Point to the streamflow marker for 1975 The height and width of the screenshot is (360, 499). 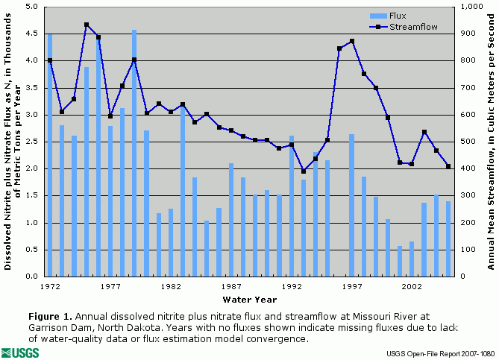(87, 25)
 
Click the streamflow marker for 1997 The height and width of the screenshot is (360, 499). (351, 41)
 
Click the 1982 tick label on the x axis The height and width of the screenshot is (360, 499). (171, 285)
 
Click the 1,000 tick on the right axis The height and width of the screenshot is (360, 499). (470, 7)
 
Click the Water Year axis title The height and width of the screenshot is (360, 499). (250, 300)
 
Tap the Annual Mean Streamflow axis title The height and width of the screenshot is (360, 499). (490, 142)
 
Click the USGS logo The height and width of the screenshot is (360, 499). (21, 352)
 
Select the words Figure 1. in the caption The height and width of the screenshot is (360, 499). (52, 315)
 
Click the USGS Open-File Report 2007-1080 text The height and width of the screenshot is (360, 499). (440, 353)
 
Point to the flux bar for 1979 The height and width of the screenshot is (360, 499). (134, 153)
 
